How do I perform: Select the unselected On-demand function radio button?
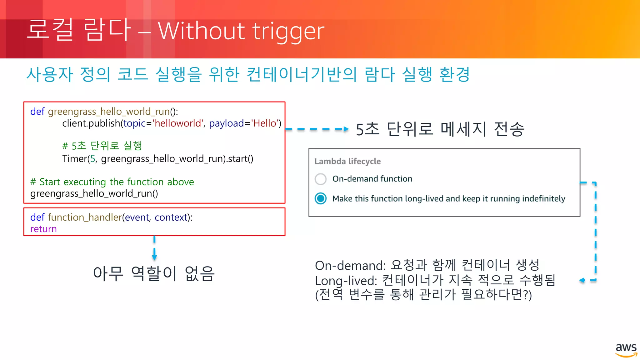coord(320,179)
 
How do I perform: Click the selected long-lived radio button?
coord(320,198)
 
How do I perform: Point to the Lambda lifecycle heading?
coord(347,161)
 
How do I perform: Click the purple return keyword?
coord(43,229)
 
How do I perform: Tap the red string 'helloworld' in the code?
coord(178,123)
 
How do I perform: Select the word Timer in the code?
coord(74,159)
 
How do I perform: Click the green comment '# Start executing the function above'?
coord(112,182)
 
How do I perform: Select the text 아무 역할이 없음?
coord(154,273)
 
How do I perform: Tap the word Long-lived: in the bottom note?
coord(346,281)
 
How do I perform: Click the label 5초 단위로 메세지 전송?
coord(440,129)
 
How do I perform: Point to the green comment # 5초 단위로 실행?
coord(102,146)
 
